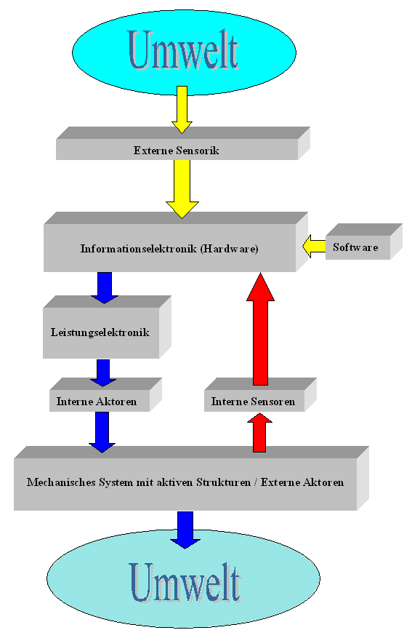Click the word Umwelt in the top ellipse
184,50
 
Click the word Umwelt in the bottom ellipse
186,583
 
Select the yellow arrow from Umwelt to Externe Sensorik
182,109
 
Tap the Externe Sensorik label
177,151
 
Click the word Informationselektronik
139,248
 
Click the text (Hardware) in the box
229,249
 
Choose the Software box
363,242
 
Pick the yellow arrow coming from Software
314,246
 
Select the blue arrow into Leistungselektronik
105,287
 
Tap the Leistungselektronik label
100,332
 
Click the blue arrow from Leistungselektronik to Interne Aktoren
103,372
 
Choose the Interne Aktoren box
105,395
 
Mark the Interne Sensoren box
260,395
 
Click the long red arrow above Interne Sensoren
260,329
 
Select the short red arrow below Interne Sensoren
259,433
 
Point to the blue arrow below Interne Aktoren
102,432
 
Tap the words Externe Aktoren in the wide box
302,482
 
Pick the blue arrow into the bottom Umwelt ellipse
185,530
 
